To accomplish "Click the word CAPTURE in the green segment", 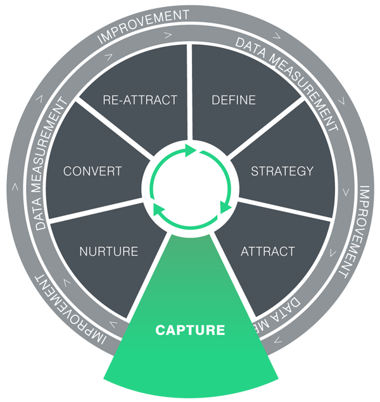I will tap(190, 330).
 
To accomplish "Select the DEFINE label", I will tap(234, 100).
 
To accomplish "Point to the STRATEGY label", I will tap(282, 171).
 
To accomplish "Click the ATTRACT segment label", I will tap(267, 251).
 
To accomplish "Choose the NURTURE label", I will tap(108, 251).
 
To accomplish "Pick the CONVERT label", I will tap(92, 171).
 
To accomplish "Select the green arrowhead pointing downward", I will tap(224, 207).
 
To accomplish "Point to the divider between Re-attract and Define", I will tap(190, 95).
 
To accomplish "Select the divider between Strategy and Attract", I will tap(285, 210).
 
